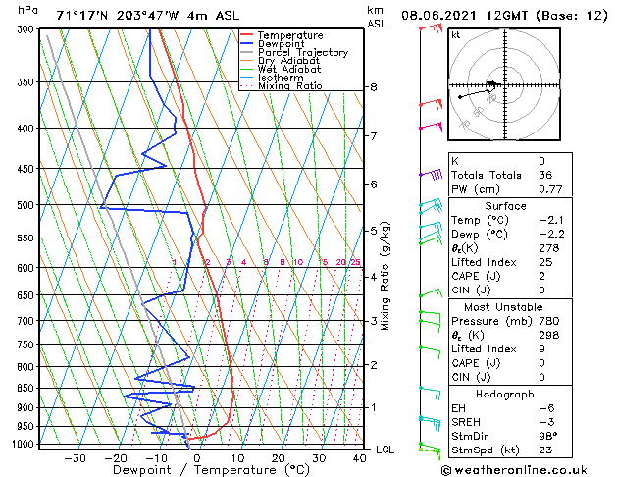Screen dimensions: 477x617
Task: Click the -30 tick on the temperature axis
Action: point(76,458)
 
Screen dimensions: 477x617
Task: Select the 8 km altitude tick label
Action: point(373,87)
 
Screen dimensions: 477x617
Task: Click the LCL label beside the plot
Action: point(386,449)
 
